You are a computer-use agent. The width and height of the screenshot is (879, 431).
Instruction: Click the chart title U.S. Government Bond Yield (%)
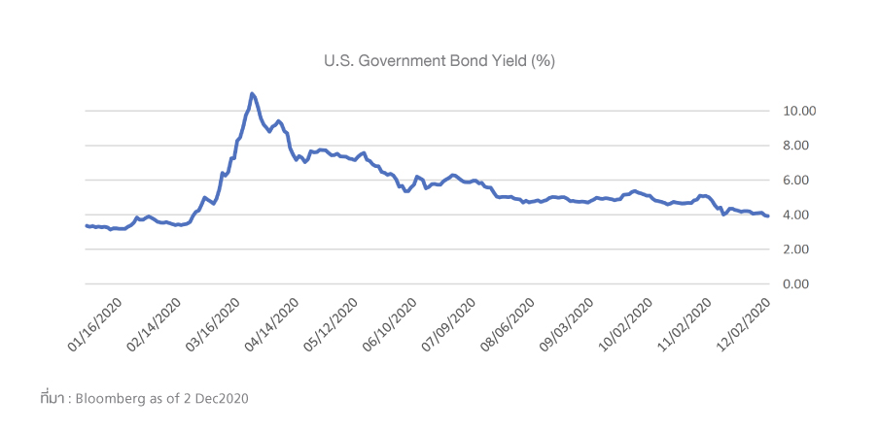point(439,60)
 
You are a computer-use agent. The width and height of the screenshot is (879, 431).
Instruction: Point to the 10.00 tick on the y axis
point(799,111)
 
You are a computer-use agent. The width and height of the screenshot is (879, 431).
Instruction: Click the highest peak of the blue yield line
point(252,93)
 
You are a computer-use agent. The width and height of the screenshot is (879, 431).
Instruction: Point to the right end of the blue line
point(768,216)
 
